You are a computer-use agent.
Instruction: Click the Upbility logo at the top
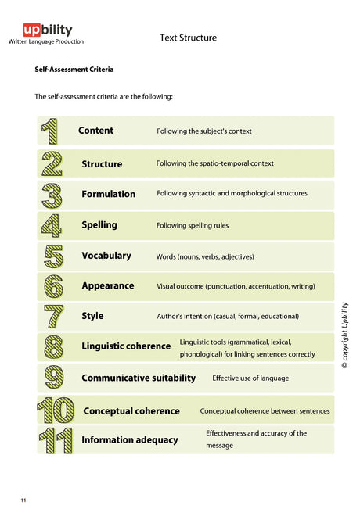point(47,30)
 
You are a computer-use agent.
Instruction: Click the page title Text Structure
point(188,38)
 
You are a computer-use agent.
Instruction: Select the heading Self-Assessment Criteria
point(74,70)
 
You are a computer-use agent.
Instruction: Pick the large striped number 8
point(52,346)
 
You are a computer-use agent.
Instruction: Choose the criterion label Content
point(95,131)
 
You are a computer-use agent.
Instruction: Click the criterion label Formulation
point(108,194)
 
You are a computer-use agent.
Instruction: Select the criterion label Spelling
point(99,225)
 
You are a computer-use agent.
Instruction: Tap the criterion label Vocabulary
point(106,256)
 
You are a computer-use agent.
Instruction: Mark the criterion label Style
point(92,316)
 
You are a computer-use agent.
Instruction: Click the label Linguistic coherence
point(126,346)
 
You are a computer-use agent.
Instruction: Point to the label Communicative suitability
point(139,378)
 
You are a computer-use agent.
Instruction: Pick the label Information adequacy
point(130,440)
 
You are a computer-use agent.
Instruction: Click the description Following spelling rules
point(193,226)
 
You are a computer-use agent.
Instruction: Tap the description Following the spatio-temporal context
point(215,164)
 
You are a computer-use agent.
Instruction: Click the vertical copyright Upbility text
point(344,335)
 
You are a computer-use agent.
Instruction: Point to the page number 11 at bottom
point(23,499)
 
